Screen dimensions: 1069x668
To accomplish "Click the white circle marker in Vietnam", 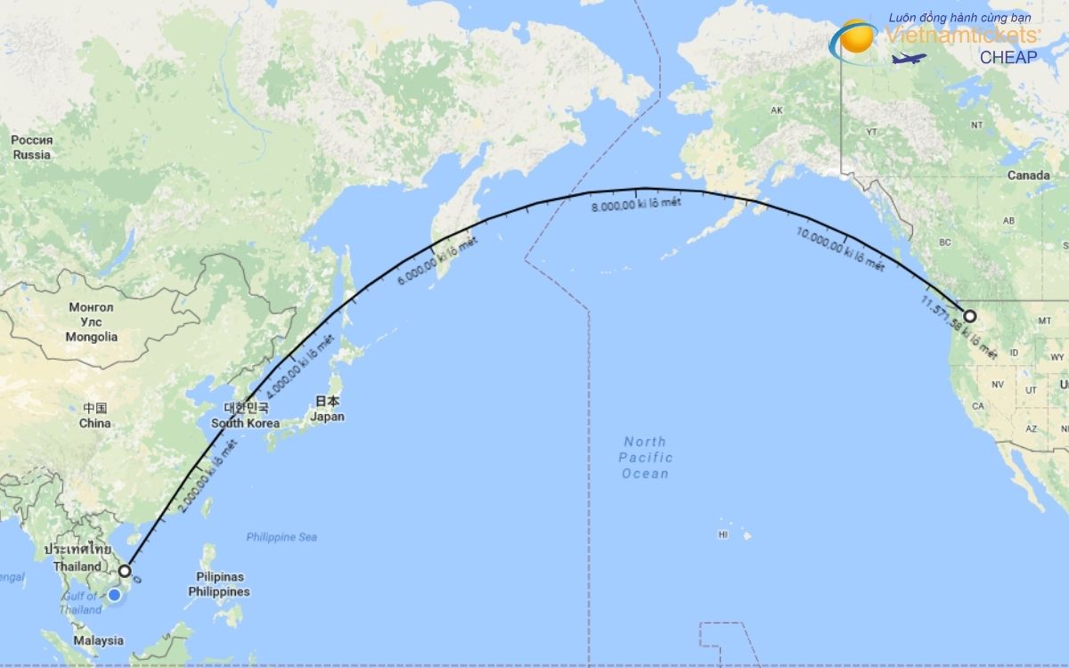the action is (125, 571).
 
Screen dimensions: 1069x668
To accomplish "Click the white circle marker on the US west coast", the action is (969, 315).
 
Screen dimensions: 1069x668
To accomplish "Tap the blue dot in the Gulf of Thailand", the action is (114, 594).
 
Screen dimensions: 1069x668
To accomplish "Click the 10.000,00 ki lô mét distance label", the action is (840, 248).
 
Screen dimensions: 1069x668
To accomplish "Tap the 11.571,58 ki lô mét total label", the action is (959, 328).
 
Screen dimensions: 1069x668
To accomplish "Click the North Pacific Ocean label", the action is (646, 458).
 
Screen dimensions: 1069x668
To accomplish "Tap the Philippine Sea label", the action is (282, 537).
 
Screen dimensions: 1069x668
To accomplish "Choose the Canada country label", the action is (1028, 175).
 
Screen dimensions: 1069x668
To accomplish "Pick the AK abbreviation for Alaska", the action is (776, 110).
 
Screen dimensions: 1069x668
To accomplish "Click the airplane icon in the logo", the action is (909, 59).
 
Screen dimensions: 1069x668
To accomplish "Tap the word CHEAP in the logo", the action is (1008, 57).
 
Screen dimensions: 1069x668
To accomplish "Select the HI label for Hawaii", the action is (723, 534).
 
